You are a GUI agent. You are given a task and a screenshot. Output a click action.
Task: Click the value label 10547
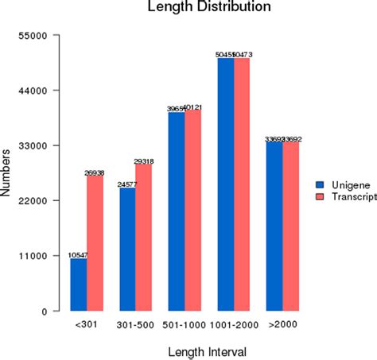pyautogui.click(x=78, y=254)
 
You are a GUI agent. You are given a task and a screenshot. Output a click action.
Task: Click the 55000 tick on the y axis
pyautogui.click(x=40, y=36)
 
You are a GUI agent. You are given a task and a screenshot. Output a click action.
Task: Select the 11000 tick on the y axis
pyautogui.click(x=40, y=256)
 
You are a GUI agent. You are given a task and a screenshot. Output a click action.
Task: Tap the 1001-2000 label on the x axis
pyautogui.click(x=233, y=325)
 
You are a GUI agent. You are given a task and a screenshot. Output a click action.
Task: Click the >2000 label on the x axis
pyautogui.click(x=282, y=325)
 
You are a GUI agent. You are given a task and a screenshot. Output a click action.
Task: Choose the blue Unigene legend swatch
pyautogui.click(x=320, y=182)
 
